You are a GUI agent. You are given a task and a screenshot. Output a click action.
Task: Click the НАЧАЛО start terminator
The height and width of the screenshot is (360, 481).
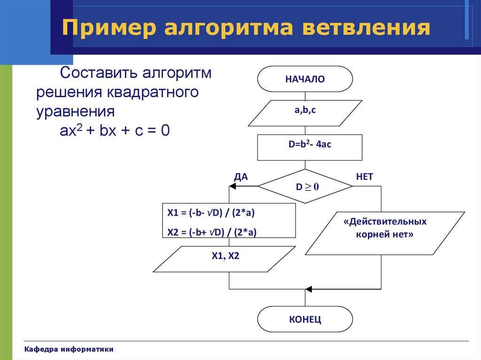305,79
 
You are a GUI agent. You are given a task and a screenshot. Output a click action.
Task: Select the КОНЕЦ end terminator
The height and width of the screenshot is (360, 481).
305,319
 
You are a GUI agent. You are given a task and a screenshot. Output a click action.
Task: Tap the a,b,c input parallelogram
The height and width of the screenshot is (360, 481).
305,113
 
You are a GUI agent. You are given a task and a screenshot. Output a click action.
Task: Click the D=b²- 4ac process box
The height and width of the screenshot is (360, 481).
310,147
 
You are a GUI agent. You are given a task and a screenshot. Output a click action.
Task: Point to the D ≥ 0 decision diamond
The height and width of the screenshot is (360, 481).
305,186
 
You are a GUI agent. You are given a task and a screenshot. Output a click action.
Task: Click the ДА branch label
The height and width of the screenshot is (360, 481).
241,176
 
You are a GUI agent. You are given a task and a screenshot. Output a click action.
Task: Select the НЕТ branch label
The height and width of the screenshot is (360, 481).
365,176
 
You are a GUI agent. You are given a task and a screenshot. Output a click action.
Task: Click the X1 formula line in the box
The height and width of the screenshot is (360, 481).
211,213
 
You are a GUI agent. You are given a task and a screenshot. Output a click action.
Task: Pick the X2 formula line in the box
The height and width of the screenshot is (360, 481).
212,232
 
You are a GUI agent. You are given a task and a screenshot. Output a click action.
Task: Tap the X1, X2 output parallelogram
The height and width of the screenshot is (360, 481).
224,259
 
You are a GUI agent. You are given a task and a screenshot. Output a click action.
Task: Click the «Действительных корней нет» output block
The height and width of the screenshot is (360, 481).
385,233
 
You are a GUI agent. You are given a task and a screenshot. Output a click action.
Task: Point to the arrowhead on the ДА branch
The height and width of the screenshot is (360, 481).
232,186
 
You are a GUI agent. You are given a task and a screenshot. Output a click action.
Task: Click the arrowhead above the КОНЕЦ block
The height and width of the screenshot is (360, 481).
309,289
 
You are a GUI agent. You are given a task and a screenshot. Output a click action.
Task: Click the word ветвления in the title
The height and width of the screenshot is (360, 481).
366,27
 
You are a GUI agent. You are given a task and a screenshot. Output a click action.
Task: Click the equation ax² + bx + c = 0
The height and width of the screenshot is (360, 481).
115,130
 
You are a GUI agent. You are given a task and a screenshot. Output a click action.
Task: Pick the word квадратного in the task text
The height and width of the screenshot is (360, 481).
153,92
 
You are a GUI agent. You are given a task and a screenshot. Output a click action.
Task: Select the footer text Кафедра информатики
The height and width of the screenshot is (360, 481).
69,349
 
